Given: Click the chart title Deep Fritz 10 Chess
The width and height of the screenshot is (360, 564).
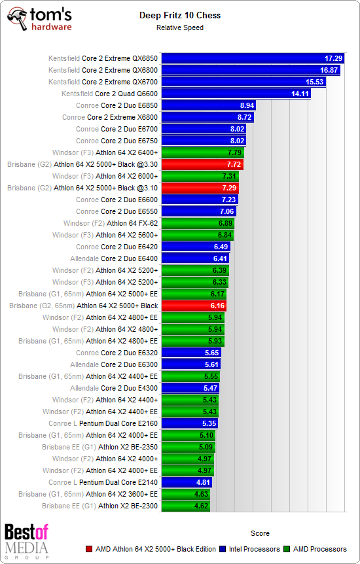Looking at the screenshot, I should tap(179, 15).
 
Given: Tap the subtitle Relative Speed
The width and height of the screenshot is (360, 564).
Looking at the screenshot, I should tap(179, 27).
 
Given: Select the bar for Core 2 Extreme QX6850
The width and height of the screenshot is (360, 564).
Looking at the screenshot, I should tap(253, 58).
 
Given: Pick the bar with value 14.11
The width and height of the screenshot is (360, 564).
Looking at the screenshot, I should tap(236, 94).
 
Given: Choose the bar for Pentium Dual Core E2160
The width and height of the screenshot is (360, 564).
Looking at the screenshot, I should tap(190, 423).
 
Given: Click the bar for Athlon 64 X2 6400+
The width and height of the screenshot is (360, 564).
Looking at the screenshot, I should tap(202, 152).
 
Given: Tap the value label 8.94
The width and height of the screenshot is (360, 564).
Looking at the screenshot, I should tap(247, 105).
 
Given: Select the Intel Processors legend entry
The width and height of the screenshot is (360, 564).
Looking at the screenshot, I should tap(254, 549).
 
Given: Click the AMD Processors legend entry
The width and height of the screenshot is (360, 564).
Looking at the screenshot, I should tap(317, 549).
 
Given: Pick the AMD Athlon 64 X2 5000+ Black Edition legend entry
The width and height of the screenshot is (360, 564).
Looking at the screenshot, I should tap(151, 549).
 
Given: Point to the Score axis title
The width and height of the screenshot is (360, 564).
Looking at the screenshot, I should tap(260, 533).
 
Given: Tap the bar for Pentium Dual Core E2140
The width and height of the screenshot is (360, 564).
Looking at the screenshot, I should tap(187, 482).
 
